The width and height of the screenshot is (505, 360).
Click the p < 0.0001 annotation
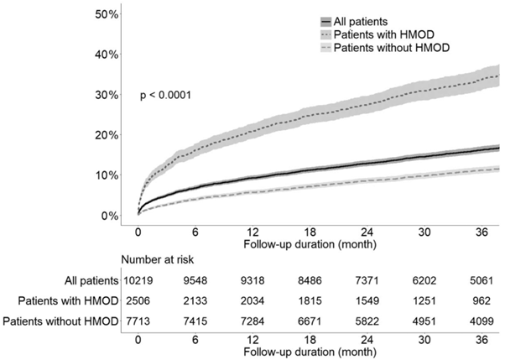166,96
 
